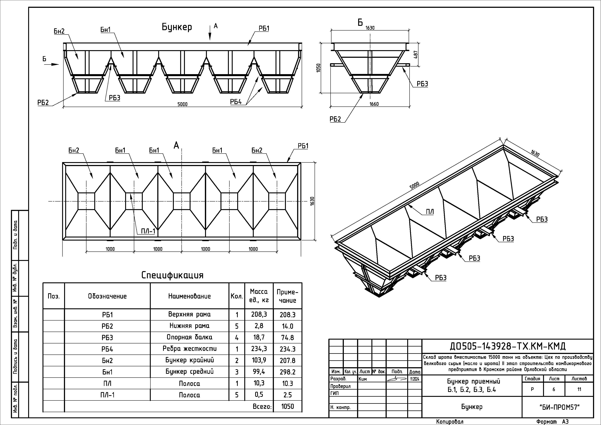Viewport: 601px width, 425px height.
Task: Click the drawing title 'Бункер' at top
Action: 177,27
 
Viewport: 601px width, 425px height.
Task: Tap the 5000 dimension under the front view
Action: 183,104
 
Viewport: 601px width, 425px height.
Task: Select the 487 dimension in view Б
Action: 416,55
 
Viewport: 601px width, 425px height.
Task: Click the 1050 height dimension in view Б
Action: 319,68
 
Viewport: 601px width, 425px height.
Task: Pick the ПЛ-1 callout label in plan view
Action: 148,231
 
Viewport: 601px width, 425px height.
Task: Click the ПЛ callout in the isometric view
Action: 430,212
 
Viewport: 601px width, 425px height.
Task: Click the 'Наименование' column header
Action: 189,296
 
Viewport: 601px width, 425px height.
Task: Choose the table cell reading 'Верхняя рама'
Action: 189,314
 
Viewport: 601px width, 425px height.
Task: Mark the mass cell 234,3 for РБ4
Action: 259,349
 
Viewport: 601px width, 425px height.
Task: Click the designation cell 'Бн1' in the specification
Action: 107,372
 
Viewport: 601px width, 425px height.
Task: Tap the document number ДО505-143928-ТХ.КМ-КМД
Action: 507,346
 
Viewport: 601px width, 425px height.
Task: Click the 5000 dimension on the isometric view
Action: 414,185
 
